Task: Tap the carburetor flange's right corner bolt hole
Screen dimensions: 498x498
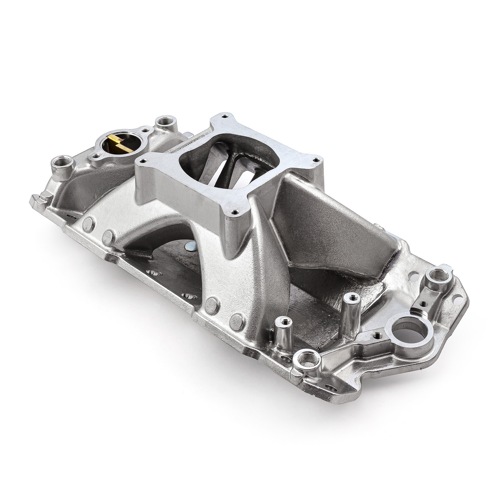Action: pyautogui.click(x=316, y=160)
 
